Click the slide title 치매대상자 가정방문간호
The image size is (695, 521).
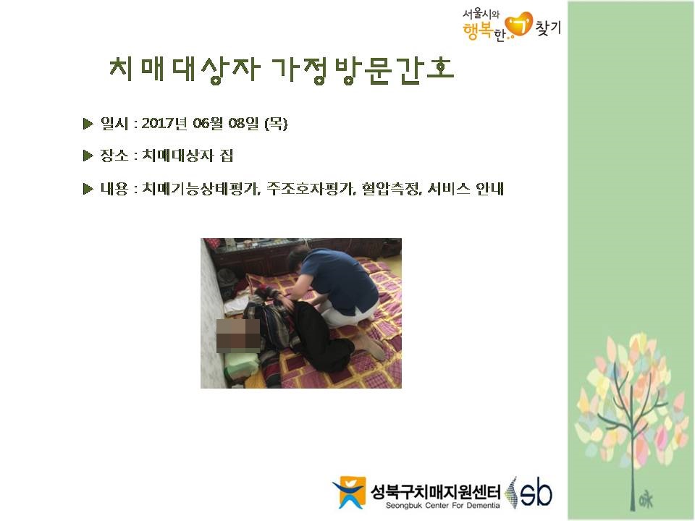[x=282, y=70]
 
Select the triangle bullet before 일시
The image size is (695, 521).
[x=88, y=124]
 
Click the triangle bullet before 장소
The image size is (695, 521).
[x=88, y=156]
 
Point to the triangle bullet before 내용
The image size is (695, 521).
[x=88, y=189]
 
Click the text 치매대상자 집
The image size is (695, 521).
[x=188, y=156]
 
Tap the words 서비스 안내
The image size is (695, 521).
[x=466, y=189]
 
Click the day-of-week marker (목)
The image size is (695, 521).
[x=276, y=123]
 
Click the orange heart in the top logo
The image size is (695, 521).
[x=520, y=24]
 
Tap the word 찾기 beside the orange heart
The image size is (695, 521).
[x=548, y=27]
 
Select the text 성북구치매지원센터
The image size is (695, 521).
[x=436, y=491]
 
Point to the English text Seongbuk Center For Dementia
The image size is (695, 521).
[x=442, y=506]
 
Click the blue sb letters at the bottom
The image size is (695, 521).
[x=536, y=492]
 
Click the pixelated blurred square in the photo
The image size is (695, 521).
[x=238, y=335]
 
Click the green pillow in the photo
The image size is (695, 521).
[x=242, y=365]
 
